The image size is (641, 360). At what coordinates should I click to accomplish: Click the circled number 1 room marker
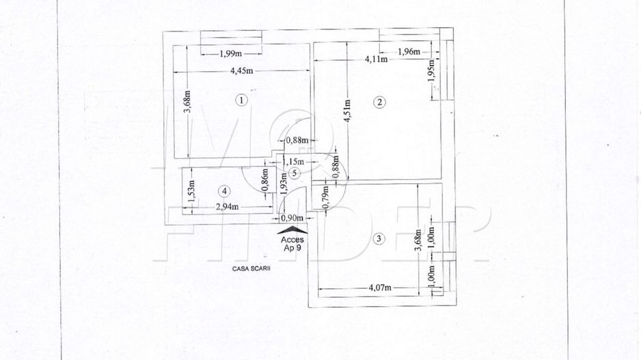coord(240,100)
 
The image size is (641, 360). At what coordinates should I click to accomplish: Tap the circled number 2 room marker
coord(380,102)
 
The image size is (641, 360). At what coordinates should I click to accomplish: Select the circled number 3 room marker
coord(380,238)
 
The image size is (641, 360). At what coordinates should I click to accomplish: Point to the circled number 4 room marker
coord(225,191)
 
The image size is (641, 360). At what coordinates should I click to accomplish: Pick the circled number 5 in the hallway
coord(293,174)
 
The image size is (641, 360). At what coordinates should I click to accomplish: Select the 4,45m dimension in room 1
coord(242,70)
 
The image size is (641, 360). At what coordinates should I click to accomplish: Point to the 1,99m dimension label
coord(232,55)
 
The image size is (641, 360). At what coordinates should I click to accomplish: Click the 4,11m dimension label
coord(376,59)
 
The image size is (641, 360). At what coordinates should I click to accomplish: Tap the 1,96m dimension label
coord(409,51)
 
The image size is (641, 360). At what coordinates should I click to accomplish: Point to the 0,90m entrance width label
coord(292,218)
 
